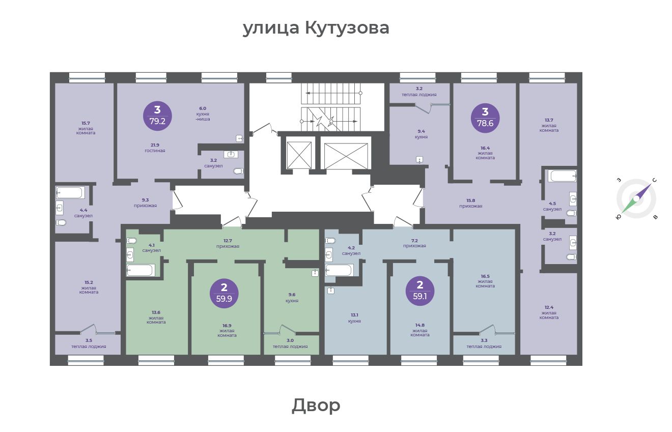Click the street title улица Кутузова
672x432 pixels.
(316, 28)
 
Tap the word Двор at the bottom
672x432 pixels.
(316, 405)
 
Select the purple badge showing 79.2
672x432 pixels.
(157, 116)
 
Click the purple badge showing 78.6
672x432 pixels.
(485, 118)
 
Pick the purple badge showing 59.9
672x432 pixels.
(224, 294)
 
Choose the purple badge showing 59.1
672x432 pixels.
(419, 291)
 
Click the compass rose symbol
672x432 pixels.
(636, 199)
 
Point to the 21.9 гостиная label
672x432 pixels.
(155, 148)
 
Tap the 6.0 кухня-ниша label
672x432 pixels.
(203, 113)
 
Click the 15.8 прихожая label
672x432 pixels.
(471, 203)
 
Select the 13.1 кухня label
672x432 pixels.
(354, 318)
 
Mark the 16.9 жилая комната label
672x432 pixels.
(227, 330)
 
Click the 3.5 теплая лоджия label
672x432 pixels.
(89, 343)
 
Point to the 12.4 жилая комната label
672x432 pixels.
(549, 312)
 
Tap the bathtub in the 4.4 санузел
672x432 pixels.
(70, 192)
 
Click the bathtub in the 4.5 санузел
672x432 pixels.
(562, 176)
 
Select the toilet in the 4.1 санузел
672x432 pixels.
(131, 241)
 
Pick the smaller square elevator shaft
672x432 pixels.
(299, 155)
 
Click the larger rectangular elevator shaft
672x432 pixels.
(346, 156)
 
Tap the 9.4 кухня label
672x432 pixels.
(421, 134)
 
